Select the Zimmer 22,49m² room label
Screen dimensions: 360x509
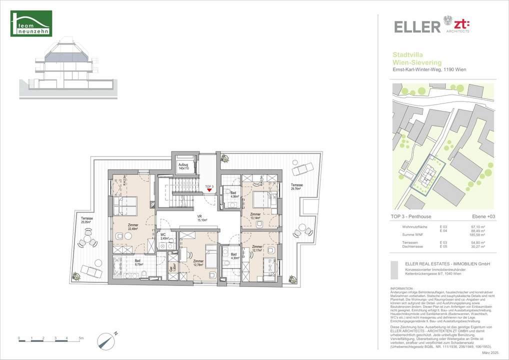(x=132, y=226)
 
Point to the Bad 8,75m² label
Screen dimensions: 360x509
(x=138, y=261)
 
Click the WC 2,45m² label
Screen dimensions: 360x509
(x=163, y=236)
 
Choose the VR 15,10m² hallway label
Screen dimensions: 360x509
(x=203, y=217)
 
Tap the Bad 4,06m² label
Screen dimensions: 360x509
(x=234, y=194)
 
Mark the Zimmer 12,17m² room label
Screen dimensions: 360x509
(x=257, y=248)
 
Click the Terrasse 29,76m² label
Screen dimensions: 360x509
(x=297, y=187)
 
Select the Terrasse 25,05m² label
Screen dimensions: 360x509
(x=87, y=221)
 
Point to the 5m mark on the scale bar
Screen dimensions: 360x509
(x=80, y=338)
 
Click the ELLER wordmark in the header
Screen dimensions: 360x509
(x=416, y=26)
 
